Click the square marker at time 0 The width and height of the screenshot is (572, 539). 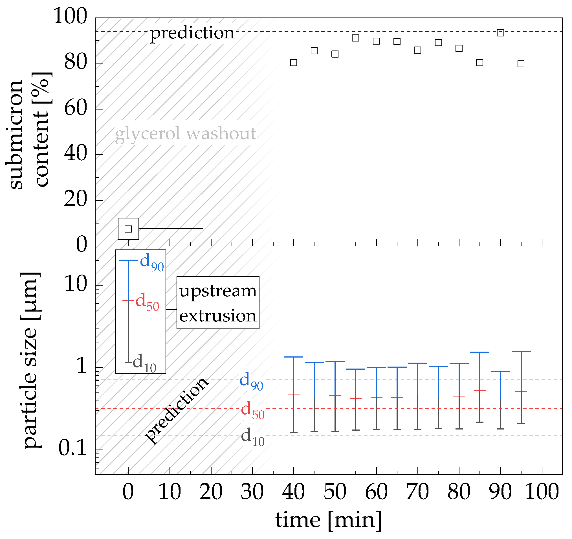tap(128, 229)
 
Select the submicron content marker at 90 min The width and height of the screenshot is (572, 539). tap(500, 33)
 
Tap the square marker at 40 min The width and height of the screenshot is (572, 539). tap(294, 62)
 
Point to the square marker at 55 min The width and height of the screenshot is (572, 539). tap(356, 38)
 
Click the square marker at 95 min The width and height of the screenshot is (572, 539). tap(521, 63)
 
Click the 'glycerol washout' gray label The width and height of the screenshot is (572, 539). tap(186, 134)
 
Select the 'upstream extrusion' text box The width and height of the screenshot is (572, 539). tap(218, 303)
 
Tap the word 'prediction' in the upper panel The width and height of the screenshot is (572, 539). tap(192, 33)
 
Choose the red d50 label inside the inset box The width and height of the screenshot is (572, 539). tap(147, 302)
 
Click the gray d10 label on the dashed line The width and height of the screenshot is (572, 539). tap(252, 437)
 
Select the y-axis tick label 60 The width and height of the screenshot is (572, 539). tap(75, 109)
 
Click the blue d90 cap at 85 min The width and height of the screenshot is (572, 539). tap(480, 352)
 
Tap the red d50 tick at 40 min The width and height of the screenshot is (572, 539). tap(294, 395)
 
